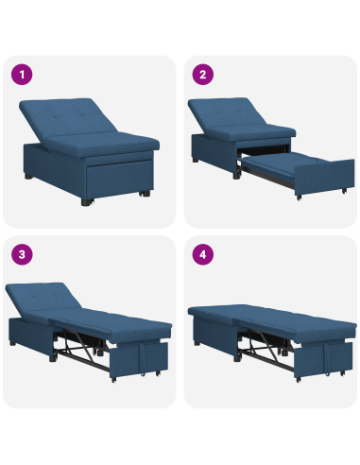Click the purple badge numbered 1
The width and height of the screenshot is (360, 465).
point(20,74)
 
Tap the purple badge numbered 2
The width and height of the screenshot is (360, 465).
point(201,74)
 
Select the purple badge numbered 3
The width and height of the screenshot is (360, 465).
point(20,253)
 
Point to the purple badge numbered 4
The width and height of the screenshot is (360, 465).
point(201,253)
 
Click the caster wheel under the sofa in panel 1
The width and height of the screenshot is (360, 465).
point(144,197)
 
